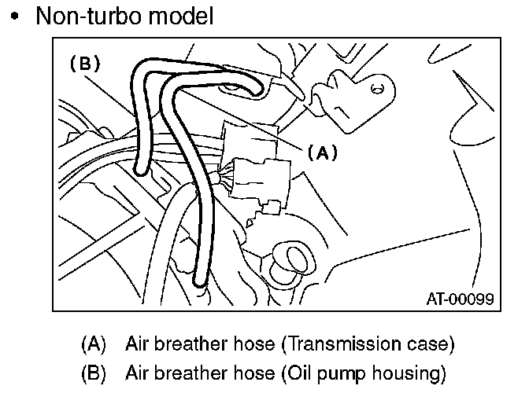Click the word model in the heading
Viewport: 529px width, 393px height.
(x=183, y=17)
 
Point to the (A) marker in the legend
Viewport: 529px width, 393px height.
(x=93, y=343)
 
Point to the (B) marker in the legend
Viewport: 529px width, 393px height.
(x=93, y=373)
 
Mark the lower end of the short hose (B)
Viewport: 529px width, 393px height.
(x=140, y=167)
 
